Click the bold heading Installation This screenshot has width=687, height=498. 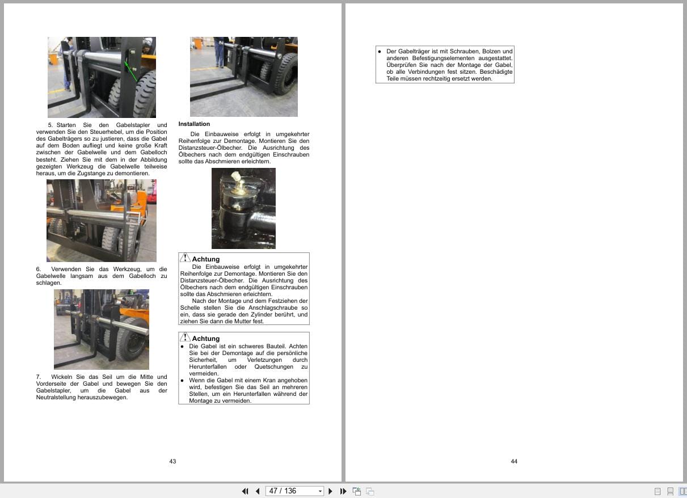click(x=194, y=124)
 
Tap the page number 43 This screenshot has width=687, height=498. click(x=172, y=461)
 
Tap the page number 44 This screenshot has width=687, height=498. click(x=514, y=461)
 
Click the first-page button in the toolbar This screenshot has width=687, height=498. click(x=245, y=491)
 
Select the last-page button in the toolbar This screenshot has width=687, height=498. click(x=343, y=491)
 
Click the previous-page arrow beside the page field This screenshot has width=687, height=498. click(x=258, y=491)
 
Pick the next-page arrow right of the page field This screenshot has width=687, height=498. click(x=331, y=491)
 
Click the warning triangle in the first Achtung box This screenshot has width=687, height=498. click(x=185, y=258)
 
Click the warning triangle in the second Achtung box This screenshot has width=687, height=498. click(x=185, y=337)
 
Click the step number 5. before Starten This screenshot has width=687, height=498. click(x=50, y=125)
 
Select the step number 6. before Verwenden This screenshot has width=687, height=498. click(x=39, y=269)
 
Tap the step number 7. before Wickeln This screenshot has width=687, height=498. click(x=39, y=377)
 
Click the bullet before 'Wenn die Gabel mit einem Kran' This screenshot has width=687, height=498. click(x=182, y=380)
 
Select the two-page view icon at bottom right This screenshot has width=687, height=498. click(x=682, y=491)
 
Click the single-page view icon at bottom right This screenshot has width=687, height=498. click(x=658, y=491)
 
